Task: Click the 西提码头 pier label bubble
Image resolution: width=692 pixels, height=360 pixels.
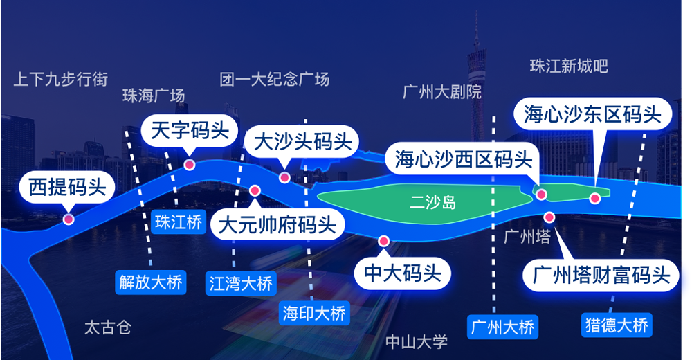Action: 67,187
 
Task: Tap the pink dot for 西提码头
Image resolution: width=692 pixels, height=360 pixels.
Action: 68,219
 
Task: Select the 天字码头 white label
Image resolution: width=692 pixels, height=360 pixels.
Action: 190,130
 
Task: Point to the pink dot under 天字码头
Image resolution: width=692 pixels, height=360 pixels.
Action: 190,165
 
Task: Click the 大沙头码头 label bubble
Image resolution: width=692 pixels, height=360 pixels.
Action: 302,142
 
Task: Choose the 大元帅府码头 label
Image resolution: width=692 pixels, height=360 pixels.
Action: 277,224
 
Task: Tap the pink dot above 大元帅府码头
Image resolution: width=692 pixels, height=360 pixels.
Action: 255,191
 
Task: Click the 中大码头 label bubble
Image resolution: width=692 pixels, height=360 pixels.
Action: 403,273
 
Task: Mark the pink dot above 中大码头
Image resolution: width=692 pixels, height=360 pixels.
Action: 383,241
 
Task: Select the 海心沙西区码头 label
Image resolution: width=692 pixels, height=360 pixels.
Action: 464,159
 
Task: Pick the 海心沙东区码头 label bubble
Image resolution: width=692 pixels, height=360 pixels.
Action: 593,114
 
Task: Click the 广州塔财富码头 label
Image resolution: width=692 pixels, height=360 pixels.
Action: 601,275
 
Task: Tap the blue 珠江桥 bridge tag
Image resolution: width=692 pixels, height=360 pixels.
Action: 179,222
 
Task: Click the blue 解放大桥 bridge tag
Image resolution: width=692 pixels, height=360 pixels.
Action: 151,282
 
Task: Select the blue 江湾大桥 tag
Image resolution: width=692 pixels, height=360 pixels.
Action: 241,283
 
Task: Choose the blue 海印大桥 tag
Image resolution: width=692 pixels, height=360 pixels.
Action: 314,313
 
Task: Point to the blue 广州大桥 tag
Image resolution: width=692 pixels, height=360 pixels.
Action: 502,327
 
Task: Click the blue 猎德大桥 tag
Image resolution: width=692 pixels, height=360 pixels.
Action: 617,325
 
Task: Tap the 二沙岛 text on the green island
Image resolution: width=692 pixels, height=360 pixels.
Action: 433,202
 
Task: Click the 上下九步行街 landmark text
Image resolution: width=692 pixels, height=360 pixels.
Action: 61,80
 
